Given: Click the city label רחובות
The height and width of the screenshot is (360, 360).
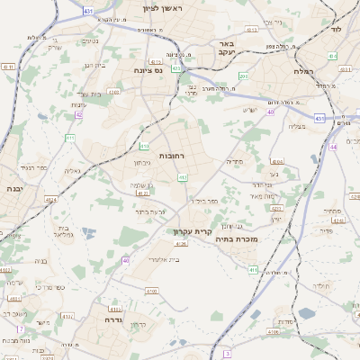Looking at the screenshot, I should (x=171, y=156).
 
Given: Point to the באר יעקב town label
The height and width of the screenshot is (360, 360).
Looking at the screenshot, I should (x=227, y=47).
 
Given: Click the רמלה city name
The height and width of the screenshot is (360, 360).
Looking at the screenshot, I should (x=302, y=69).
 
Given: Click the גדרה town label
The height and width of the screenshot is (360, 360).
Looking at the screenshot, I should (x=112, y=319).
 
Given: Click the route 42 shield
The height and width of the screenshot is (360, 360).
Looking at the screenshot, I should (x=78, y=114).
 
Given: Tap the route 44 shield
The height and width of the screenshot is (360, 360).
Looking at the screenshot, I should (x=333, y=146).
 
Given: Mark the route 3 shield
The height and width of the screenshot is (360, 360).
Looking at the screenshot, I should (x=227, y=354).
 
